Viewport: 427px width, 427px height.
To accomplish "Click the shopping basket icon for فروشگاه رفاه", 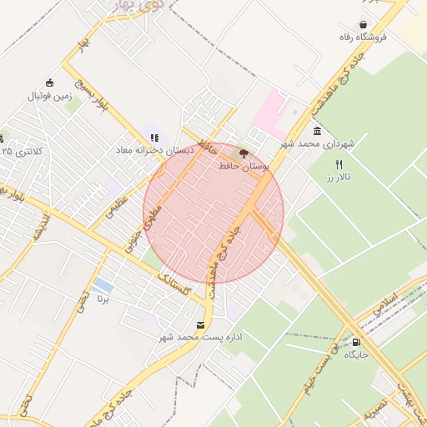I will tap(363, 24).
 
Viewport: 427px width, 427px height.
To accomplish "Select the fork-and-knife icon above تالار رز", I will tap(339, 164).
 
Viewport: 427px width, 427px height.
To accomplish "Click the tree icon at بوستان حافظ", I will tap(244, 153).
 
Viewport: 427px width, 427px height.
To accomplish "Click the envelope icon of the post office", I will tap(199, 325).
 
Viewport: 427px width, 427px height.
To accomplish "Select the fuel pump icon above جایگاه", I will tap(357, 341).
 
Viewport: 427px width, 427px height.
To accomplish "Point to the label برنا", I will tap(103, 298).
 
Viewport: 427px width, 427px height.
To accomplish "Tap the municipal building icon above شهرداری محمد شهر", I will tap(318, 132).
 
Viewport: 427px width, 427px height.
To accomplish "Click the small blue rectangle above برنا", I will tap(104, 285).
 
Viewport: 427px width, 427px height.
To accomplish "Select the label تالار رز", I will tap(339, 178).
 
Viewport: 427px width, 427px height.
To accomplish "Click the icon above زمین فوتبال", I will tap(50, 83).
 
